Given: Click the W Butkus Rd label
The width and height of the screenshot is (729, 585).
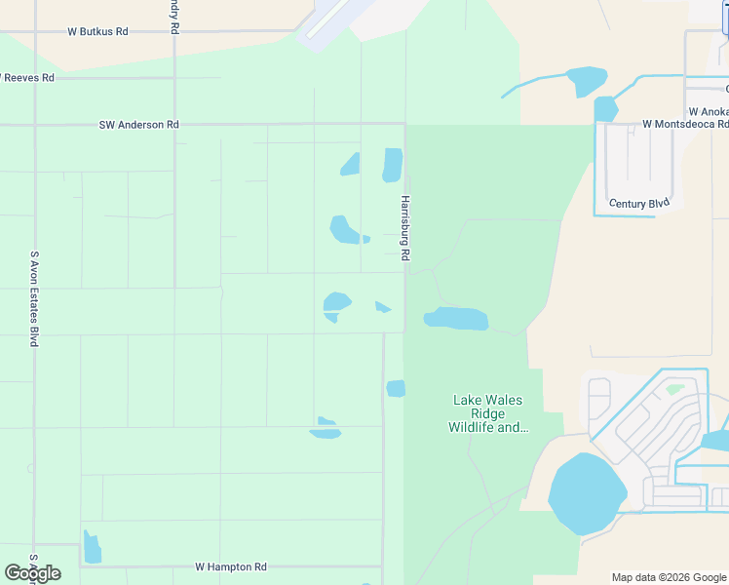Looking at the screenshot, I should pyautogui.click(x=97, y=32).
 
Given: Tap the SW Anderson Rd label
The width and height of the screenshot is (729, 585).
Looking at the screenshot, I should pyautogui.click(x=139, y=125).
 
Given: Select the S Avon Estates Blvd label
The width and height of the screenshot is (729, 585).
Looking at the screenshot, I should pyautogui.click(x=34, y=298).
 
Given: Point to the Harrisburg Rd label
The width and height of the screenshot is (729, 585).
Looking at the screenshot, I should pyautogui.click(x=404, y=228).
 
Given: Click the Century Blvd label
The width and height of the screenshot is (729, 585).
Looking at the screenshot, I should pyautogui.click(x=639, y=204).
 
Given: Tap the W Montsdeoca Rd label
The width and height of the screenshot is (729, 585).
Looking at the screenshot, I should pyautogui.click(x=685, y=125).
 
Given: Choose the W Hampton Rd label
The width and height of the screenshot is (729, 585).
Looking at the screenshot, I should pyautogui.click(x=231, y=566).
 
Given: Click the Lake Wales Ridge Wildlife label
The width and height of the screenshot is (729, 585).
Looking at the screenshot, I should pyautogui.click(x=487, y=413).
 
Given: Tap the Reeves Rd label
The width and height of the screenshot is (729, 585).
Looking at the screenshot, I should pyautogui.click(x=28, y=77).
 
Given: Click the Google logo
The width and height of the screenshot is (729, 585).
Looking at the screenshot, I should pyautogui.click(x=32, y=573).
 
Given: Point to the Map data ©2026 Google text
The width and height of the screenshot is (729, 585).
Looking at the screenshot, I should pyautogui.click(x=669, y=577).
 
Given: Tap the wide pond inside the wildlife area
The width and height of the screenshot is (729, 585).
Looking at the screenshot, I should pyautogui.click(x=455, y=319).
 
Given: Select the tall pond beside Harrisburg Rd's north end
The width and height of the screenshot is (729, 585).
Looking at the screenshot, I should pyautogui.click(x=392, y=164).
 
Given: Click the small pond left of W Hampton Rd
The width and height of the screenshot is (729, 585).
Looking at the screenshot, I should pyautogui.click(x=92, y=548).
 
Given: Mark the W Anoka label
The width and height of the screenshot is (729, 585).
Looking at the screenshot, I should pyautogui.click(x=708, y=111).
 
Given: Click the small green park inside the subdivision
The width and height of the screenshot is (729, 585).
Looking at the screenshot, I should pyautogui.click(x=674, y=389).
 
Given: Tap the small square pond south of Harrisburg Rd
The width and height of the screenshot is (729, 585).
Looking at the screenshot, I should pyautogui.click(x=396, y=388).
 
